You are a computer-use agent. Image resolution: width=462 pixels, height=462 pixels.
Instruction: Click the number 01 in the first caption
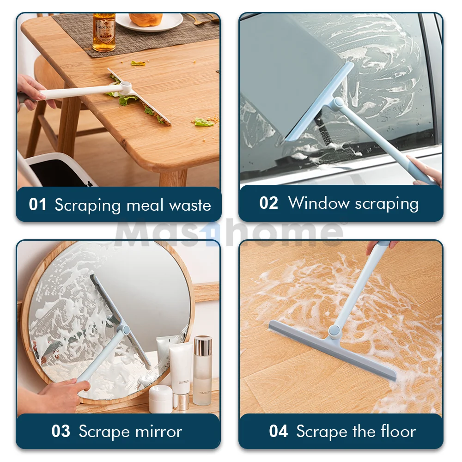coord(38,205)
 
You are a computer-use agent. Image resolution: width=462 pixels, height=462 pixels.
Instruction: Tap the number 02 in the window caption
coord(268,203)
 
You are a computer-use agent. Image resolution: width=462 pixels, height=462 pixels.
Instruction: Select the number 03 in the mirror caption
coord(61,432)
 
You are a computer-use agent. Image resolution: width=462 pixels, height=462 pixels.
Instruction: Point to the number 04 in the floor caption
coord(279,432)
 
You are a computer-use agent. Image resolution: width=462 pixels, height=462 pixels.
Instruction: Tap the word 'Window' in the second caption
coord(319,203)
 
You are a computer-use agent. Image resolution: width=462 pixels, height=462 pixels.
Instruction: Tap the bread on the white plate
coord(146,19)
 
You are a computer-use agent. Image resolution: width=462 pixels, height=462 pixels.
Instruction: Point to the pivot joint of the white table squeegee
coord(125,86)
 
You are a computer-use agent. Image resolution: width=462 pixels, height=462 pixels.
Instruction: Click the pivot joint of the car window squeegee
coord(338,103)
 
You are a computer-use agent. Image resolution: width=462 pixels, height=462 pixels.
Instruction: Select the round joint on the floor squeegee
coord(333,331)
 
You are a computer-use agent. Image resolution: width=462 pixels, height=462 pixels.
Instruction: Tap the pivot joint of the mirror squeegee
coord(124,329)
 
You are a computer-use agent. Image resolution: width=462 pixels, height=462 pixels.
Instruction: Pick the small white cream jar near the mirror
coord(160,399)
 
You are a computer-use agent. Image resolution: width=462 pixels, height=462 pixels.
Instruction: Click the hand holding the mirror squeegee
coord(60,395)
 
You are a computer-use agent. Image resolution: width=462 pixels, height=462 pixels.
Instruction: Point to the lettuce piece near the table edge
coord(203,122)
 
